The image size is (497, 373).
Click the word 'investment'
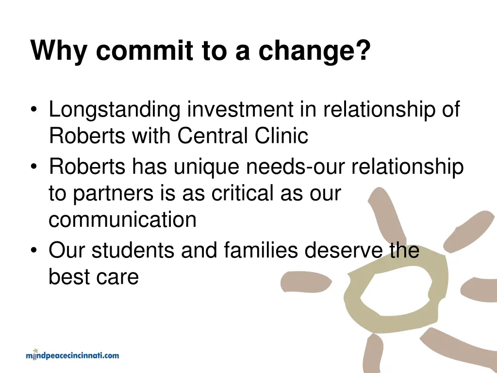pos(240,110)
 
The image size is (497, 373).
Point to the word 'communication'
pos(122,220)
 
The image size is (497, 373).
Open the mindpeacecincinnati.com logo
pos(72,355)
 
